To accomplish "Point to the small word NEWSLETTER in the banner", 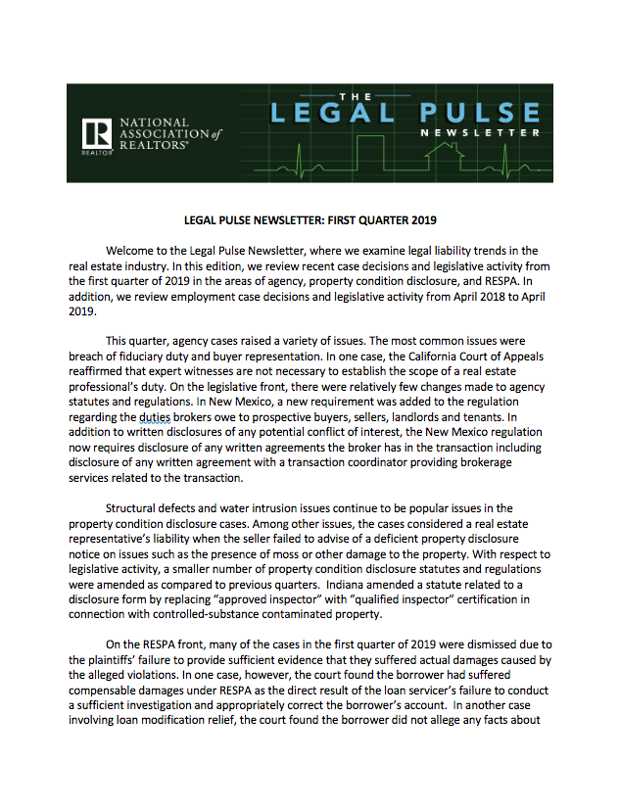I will pyautogui.click(x=480, y=132).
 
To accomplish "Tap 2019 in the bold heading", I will pyautogui.click(x=416, y=221).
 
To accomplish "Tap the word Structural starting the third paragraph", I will pyautogui.click(x=143, y=508).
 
